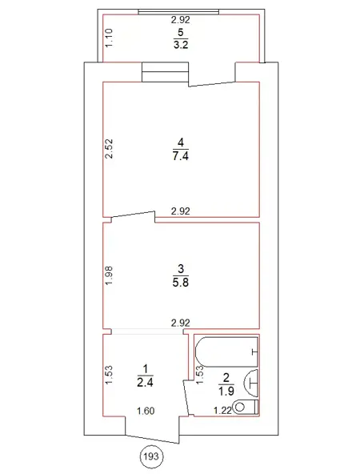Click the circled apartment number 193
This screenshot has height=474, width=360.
[x=151, y=456]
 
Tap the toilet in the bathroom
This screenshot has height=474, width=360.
[x=246, y=407]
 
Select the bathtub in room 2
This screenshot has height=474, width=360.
[x=227, y=351]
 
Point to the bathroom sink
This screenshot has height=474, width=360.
[x=251, y=383]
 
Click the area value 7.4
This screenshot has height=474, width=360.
[x=181, y=156]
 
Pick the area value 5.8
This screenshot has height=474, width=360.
[x=181, y=283]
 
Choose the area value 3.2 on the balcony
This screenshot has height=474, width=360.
[x=181, y=45]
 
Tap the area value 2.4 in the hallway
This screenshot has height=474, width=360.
[x=146, y=383]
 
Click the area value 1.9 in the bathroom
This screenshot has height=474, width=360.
[x=226, y=392]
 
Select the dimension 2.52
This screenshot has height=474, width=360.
[x=109, y=148]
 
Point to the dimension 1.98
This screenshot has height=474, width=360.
[x=109, y=275]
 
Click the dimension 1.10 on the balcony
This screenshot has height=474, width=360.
[x=109, y=38]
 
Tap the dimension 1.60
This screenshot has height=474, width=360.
[x=146, y=411]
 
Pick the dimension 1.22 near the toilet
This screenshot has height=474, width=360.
[x=222, y=411]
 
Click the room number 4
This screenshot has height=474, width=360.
[x=181, y=143]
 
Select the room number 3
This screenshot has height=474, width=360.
[x=181, y=268]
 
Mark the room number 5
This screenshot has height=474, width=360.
[x=181, y=32]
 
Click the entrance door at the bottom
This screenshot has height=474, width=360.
[x=153, y=440]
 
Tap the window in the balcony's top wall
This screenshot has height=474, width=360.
[x=178, y=12]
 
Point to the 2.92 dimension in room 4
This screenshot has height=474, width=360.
[x=181, y=211]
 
